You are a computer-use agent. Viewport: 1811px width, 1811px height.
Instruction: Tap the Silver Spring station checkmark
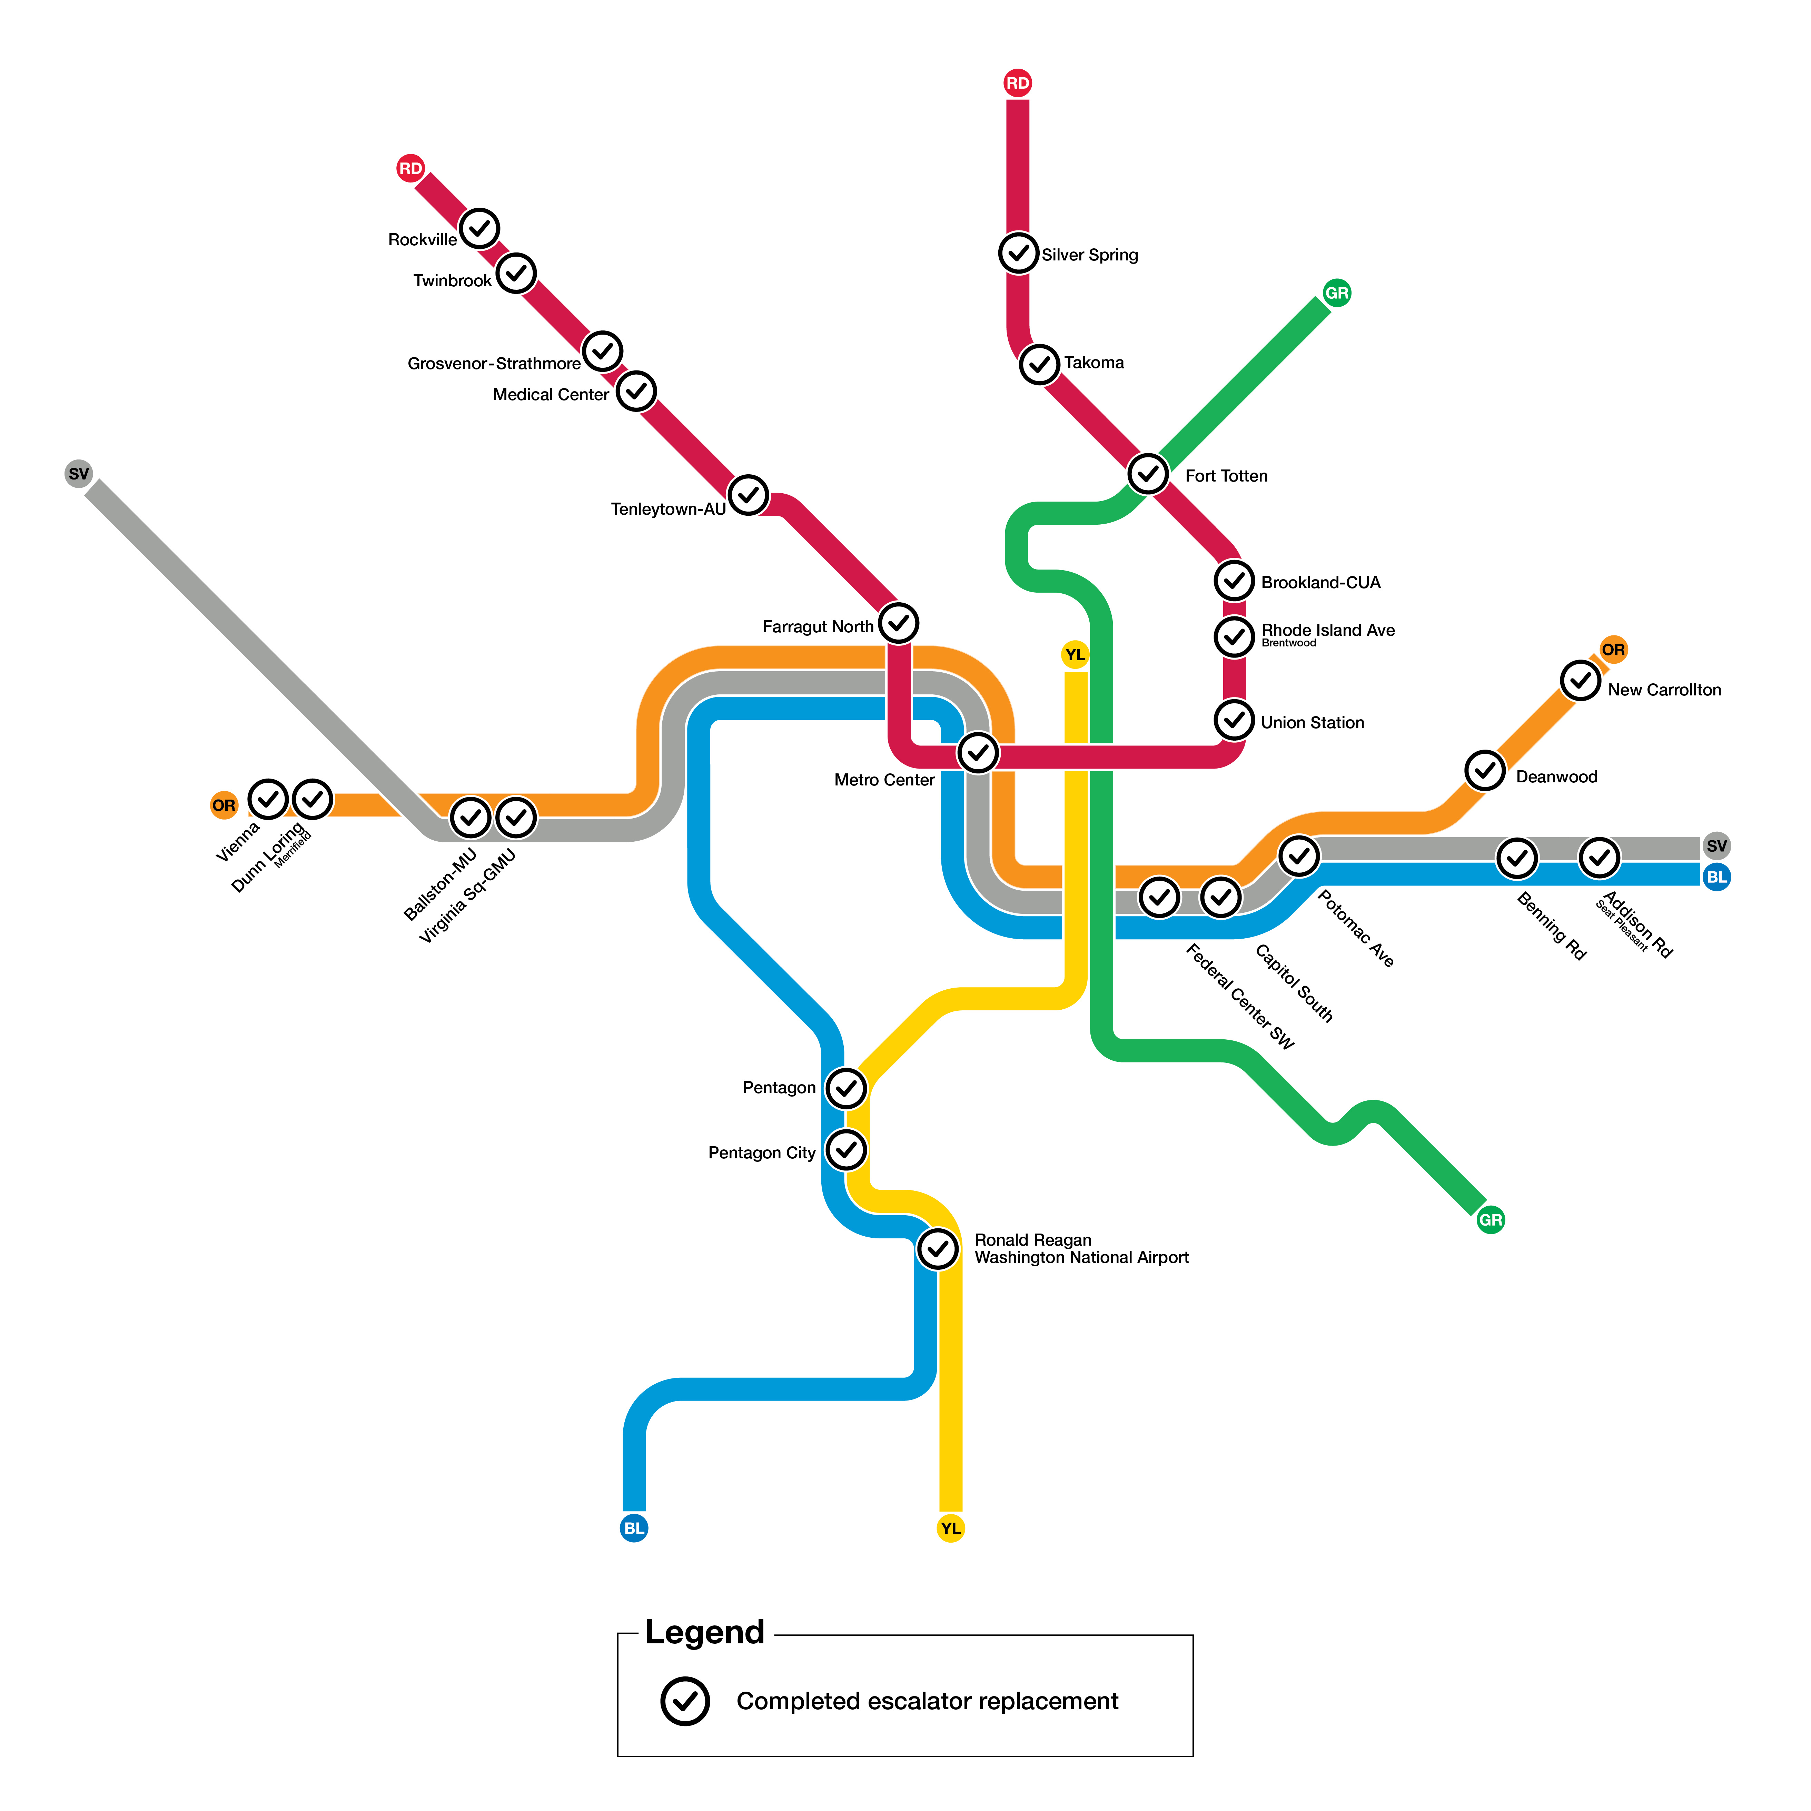[1018, 253]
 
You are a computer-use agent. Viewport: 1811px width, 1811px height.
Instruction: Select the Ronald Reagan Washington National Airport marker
[937, 1249]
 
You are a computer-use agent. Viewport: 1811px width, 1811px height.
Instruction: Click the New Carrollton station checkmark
[1581, 681]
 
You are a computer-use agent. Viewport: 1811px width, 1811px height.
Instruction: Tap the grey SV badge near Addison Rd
[1716, 845]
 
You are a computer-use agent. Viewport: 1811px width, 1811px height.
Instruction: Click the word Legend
[705, 1632]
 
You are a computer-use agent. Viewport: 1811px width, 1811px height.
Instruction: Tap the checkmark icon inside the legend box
[685, 1701]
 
